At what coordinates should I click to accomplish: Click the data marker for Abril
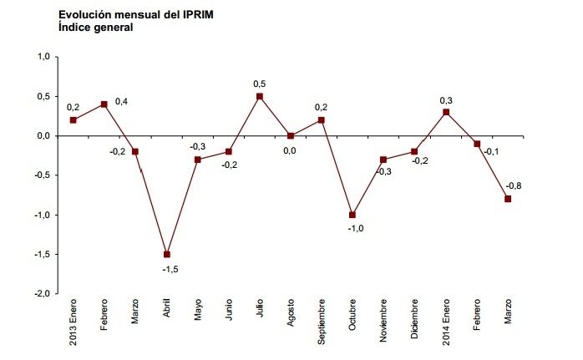coord(166,254)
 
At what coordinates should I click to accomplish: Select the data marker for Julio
coord(260,96)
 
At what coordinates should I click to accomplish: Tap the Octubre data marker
coord(352,215)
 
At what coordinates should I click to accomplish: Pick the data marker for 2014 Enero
coord(446,112)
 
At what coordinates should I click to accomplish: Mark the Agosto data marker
coord(291,135)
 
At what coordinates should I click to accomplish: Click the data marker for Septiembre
coord(322,119)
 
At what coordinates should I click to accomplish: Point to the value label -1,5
coord(169,270)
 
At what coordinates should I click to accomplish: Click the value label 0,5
coord(260,83)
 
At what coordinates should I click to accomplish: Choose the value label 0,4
coord(122,101)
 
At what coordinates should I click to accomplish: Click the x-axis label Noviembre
coord(384,321)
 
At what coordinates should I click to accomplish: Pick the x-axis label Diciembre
coord(415,320)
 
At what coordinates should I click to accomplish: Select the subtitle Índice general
coord(96,27)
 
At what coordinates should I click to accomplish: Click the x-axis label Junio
coord(229,312)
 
